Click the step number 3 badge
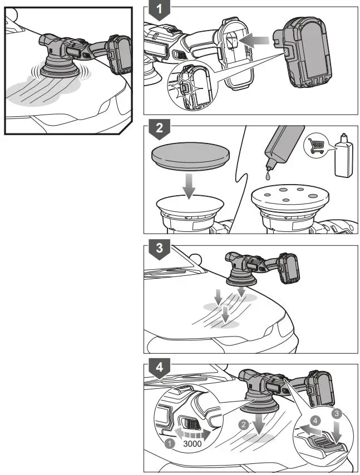pyautogui.click(x=159, y=249)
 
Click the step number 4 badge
pyautogui.click(x=159, y=368)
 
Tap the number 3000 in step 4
pyautogui.click(x=191, y=446)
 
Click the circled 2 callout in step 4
pyautogui.click(x=243, y=424)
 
